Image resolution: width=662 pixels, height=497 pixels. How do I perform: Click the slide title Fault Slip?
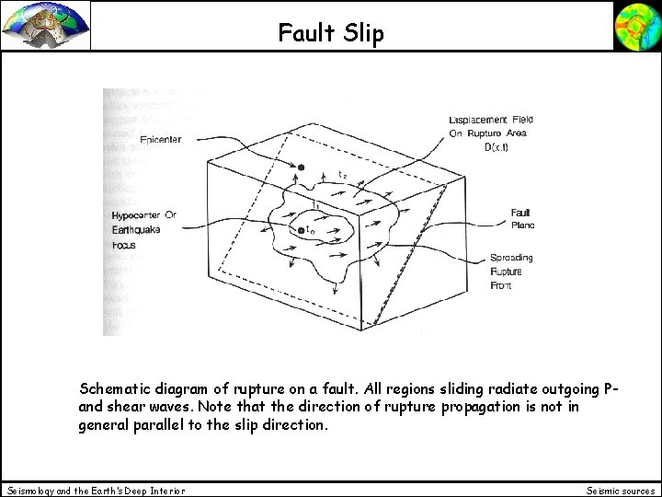pyautogui.click(x=331, y=34)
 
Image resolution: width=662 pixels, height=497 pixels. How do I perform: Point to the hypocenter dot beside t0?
pyautogui.click(x=300, y=229)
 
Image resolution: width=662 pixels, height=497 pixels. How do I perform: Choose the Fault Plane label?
pyautogui.click(x=523, y=219)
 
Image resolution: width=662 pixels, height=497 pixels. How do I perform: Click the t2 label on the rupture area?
pyautogui.click(x=342, y=174)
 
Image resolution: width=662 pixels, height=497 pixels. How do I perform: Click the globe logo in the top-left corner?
pyautogui.click(x=46, y=25)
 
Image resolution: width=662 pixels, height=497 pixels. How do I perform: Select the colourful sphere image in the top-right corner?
pyautogui.click(x=636, y=25)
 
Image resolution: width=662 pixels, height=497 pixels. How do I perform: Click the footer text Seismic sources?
pyautogui.click(x=619, y=490)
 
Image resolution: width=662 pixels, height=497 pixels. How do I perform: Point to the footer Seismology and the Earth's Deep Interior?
pyautogui.click(x=96, y=490)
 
